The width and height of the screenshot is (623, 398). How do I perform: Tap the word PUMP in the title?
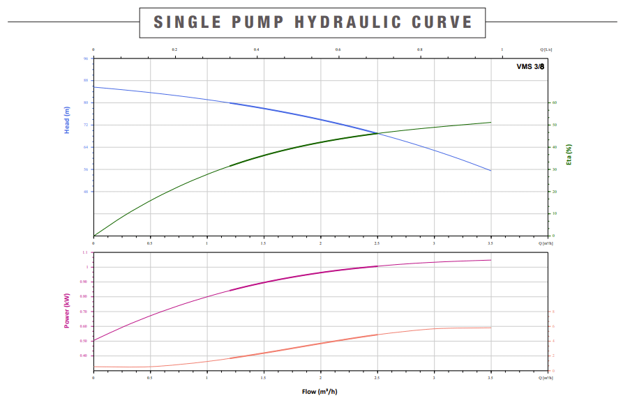(258, 22)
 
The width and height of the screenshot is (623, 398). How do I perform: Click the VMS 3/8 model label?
(530, 66)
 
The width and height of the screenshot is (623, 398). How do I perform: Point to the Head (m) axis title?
(68, 121)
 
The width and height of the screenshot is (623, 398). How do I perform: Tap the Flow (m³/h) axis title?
(319, 391)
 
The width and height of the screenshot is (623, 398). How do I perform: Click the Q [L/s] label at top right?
(547, 50)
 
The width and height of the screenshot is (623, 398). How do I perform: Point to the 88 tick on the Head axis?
(87, 80)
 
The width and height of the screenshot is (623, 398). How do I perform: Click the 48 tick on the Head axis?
(87, 192)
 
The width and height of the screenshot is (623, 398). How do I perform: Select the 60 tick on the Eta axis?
(555, 102)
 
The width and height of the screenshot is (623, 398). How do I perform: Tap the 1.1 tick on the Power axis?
(85, 252)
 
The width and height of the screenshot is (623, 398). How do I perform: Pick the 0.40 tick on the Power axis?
(84, 355)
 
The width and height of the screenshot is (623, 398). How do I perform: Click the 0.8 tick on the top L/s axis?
(420, 50)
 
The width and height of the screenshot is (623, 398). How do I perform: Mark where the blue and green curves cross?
(377, 133)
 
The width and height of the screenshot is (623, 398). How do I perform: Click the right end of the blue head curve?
(491, 171)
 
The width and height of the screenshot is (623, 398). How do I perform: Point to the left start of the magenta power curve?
(93, 340)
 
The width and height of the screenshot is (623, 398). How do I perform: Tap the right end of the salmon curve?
(491, 328)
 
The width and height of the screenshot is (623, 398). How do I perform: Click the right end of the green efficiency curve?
(491, 123)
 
